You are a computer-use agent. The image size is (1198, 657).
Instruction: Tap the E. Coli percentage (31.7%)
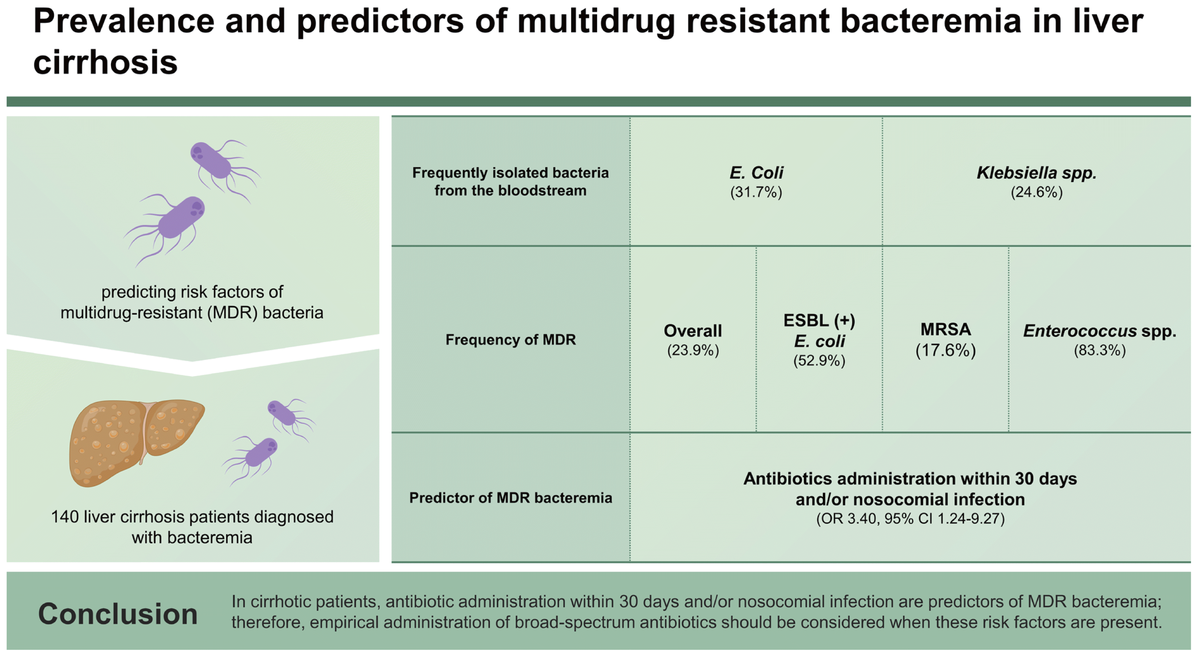pos(756,192)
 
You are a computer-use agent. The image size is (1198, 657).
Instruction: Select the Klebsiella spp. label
pos(1037,173)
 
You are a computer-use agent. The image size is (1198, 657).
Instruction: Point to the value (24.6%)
pos(1037,192)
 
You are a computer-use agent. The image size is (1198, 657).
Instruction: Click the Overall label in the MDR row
pos(693,331)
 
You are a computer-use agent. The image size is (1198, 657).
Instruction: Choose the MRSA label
pos(946,329)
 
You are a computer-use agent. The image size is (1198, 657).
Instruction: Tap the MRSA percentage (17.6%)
pos(946,350)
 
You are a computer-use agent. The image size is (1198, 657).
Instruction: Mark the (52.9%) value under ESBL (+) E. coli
pos(819,361)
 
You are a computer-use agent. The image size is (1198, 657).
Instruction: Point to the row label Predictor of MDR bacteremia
pos(511,498)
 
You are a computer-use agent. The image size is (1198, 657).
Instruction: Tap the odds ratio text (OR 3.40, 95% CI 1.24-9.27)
pos(910,518)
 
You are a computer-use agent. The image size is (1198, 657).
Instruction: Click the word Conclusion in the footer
pos(118,614)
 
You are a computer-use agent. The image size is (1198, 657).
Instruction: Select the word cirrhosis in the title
pos(105,62)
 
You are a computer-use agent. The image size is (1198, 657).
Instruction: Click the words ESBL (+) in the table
pos(819,321)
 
